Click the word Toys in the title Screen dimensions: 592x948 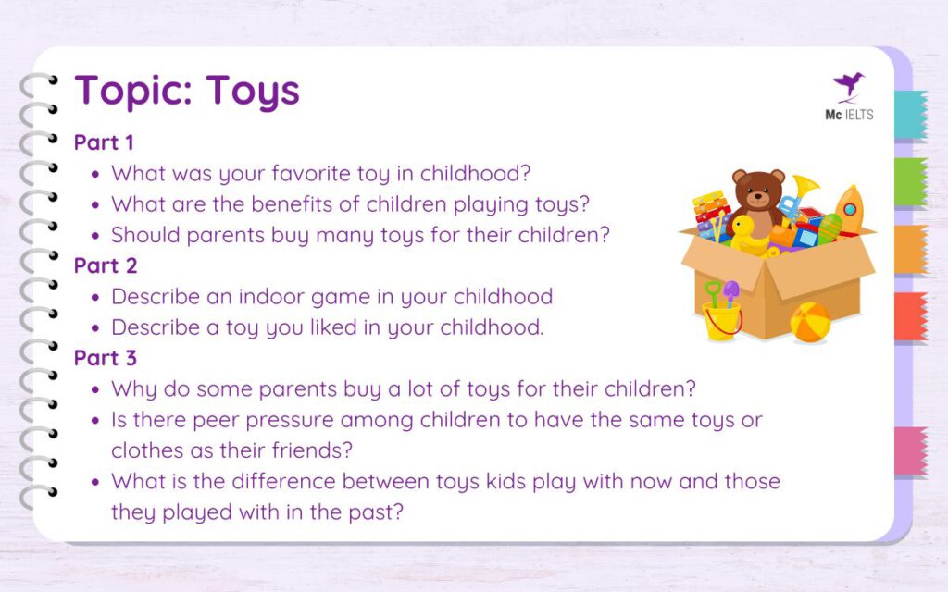pos(253,91)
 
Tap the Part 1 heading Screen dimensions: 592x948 pos(104,143)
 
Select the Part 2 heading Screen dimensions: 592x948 pos(106,265)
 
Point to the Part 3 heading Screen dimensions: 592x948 pos(106,357)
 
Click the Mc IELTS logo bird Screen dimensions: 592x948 pos(848,86)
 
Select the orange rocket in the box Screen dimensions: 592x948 pos(849,211)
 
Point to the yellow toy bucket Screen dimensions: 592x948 pos(721,320)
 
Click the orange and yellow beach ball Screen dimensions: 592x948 pos(810,322)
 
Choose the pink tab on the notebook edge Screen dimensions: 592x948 pos(910,451)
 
